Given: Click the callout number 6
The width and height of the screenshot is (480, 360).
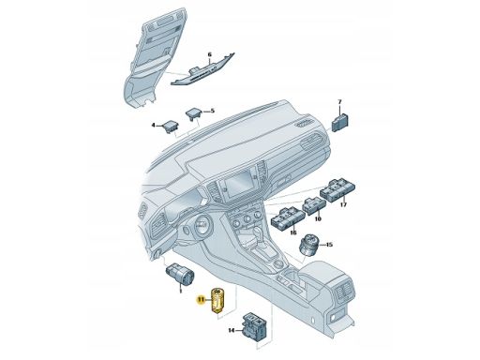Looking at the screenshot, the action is tap(209, 55).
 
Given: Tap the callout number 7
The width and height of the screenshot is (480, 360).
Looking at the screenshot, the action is tap(340, 102).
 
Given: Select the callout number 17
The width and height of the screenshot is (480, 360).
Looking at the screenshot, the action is tap(343, 205).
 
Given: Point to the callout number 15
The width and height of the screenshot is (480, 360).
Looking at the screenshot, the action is tap(329, 245).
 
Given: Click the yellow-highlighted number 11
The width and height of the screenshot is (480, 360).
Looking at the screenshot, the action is tap(201, 300).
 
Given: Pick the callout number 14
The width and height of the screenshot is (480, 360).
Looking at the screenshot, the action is tap(232, 330).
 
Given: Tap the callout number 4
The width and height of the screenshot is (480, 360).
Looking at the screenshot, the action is tap(154, 126).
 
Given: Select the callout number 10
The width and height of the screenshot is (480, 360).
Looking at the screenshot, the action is tap(318, 219).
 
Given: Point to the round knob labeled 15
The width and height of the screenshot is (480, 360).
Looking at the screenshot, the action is tap(308, 246).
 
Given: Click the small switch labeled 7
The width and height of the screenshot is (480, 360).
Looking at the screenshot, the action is tap(340, 123).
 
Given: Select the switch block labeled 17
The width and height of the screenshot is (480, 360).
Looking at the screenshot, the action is tap(338, 190).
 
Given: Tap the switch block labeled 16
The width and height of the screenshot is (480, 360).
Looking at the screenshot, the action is tap(288, 218).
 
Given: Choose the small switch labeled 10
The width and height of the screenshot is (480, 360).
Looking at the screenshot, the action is tap(314, 206).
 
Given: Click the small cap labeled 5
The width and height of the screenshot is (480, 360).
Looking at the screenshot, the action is tap(193, 113).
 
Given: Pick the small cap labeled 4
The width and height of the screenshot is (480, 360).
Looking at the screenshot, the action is tap(171, 126).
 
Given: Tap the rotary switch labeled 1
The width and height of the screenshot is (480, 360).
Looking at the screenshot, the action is tap(180, 273).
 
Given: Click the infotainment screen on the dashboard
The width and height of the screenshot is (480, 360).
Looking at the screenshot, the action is tap(239, 185).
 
